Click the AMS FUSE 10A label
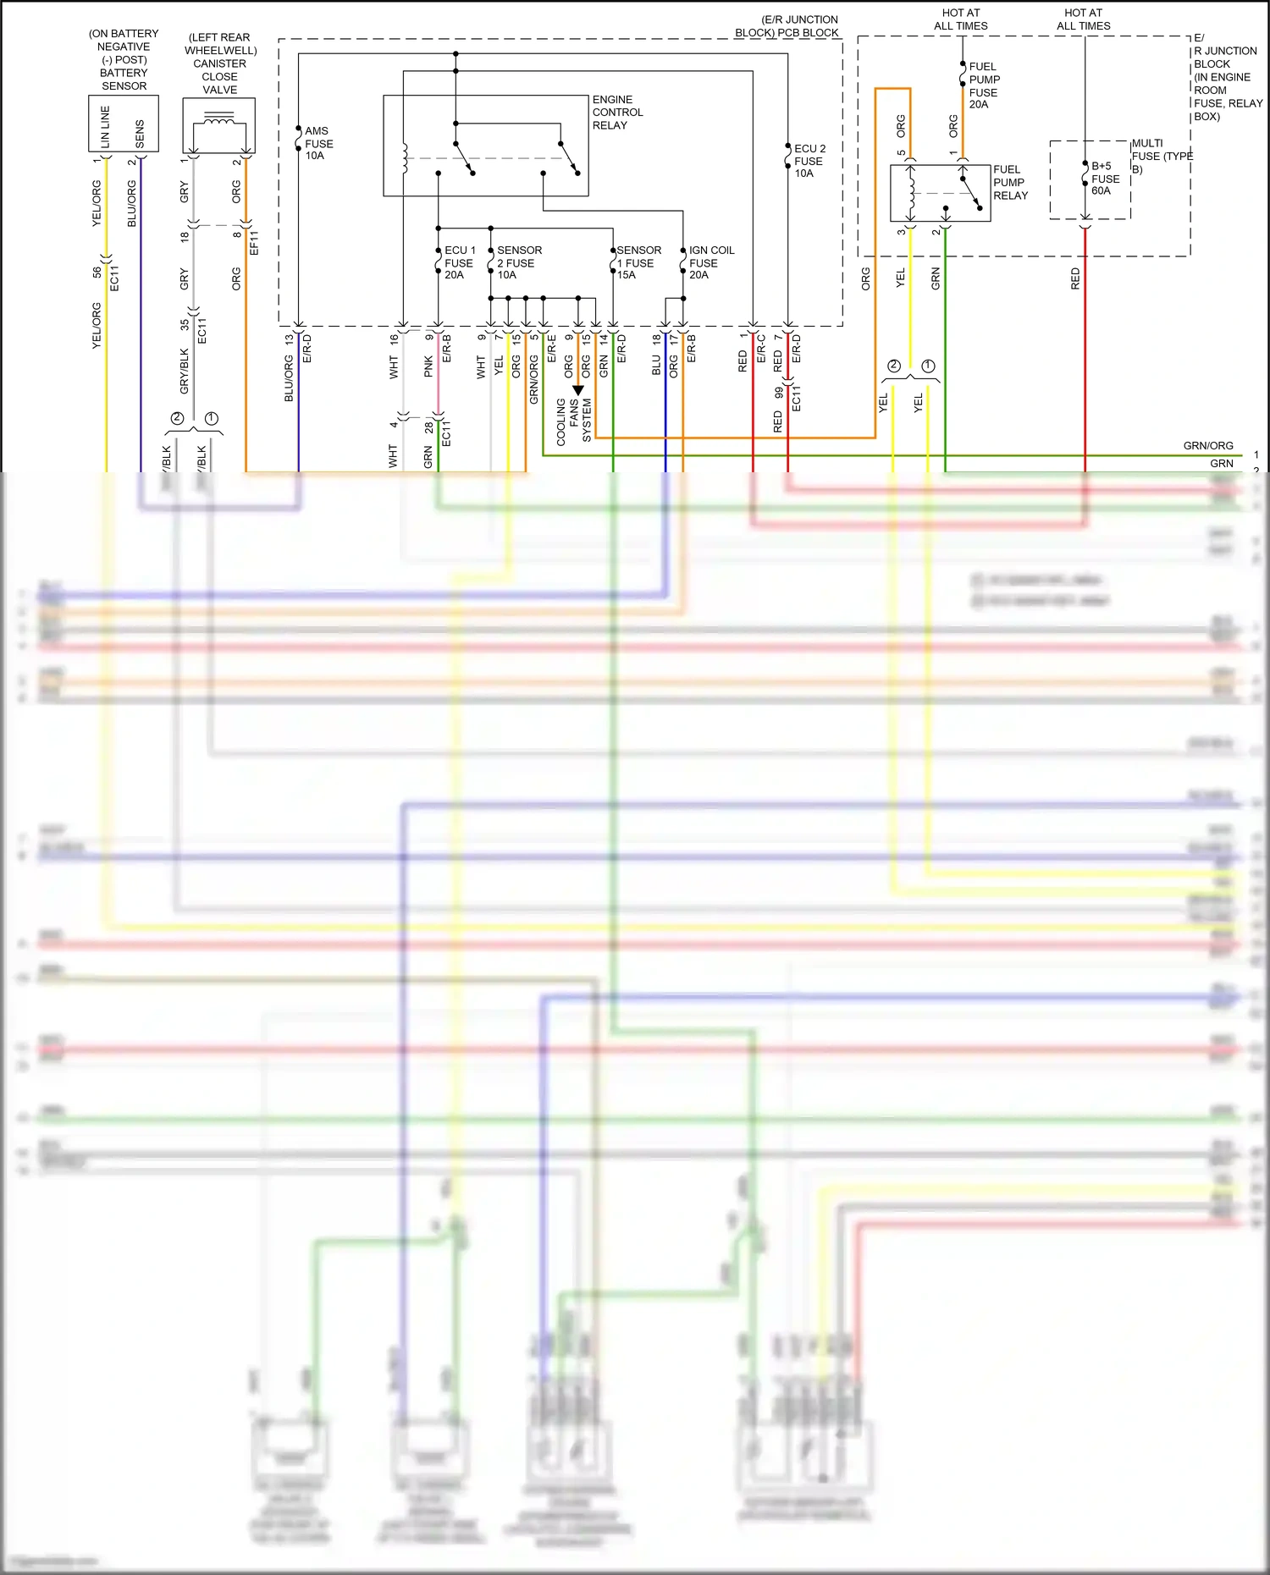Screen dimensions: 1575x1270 tap(318, 143)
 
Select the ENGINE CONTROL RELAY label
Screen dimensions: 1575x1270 tap(617, 113)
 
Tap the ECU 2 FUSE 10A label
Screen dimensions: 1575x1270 tap(809, 161)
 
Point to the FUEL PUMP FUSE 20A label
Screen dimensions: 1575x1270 tap(983, 85)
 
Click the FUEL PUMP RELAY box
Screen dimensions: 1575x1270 tap(940, 193)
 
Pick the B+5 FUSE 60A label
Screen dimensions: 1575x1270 tap(1105, 179)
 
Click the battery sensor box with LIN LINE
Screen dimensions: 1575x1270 tap(124, 124)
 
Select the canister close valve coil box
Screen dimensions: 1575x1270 tap(219, 125)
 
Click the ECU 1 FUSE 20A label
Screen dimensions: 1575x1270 tap(460, 262)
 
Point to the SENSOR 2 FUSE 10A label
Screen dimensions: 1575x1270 tap(518, 262)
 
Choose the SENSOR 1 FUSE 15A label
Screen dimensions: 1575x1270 tap(638, 262)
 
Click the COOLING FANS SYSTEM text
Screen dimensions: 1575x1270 tap(573, 421)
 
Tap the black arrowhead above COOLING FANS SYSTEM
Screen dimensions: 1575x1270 tap(578, 390)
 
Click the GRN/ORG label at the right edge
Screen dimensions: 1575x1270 tap(1207, 446)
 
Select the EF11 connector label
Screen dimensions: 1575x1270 tap(254, 243)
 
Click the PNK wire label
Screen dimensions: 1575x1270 tap(428, 366)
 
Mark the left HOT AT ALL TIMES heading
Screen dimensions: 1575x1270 tap(960, 19)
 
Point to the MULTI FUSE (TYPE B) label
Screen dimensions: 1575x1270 tap(1161, 157)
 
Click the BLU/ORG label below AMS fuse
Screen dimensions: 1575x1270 tap(289, 378)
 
